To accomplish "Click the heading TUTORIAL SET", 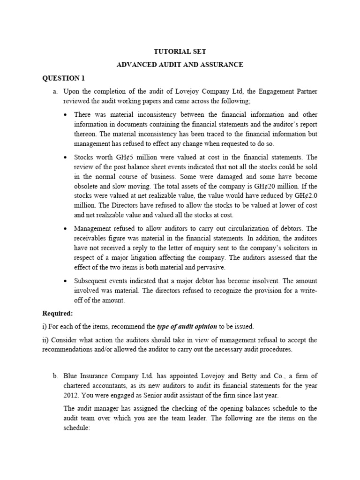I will (x=180, y=52).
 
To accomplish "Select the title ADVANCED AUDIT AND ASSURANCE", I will (x=180, y=65).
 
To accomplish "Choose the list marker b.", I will (x=55, y=375).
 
